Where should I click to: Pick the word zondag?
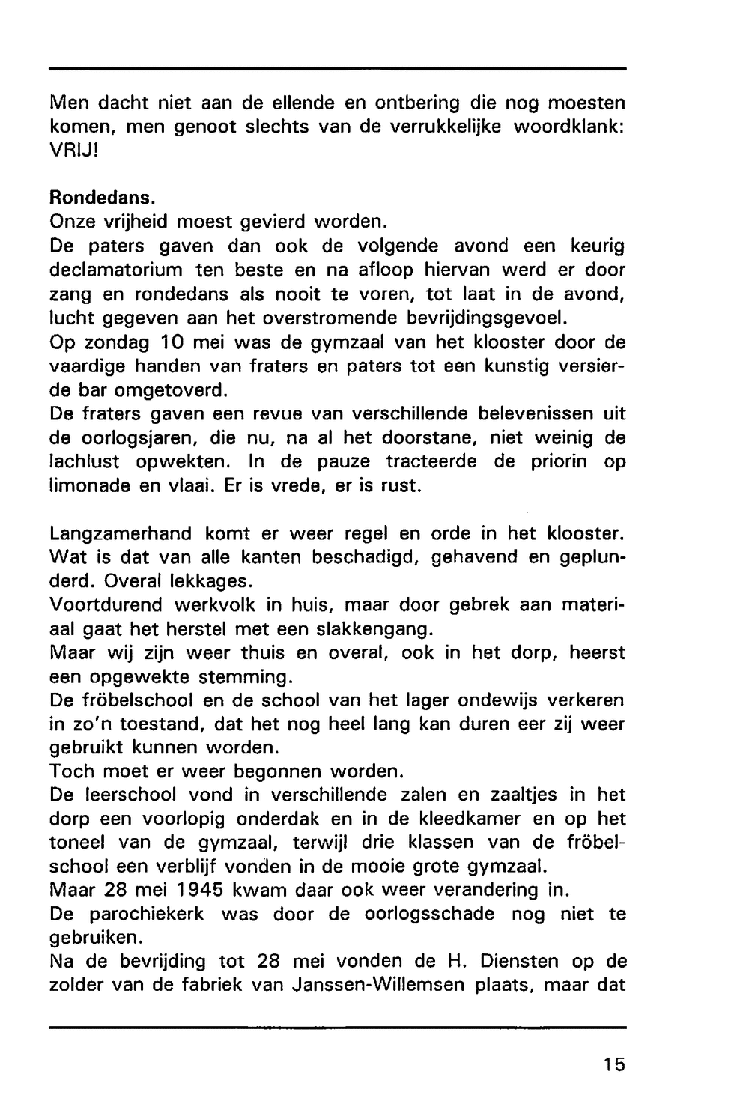coord(115,342)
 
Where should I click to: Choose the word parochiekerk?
coord(138,915)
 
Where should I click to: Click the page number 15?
coord(612,1064)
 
